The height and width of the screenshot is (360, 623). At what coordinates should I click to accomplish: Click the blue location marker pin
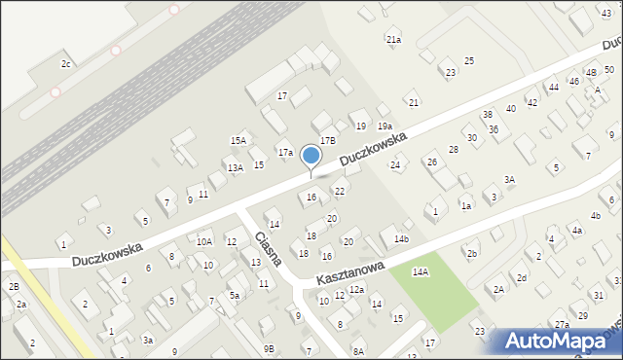pyautogui.click(x=311, y=157)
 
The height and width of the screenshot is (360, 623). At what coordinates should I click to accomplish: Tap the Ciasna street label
pyautogui.click(x=268, y=249)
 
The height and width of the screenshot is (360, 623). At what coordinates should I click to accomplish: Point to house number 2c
pyautogui.click(x=66, y=64)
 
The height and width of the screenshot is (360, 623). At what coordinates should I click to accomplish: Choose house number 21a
pyautogui.click(x=393, y=40)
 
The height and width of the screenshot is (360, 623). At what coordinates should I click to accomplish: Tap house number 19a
pyautogui.click(x=385, y=126)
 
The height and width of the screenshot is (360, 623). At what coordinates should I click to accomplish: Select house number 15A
pyautogui.click(x=238, y=141)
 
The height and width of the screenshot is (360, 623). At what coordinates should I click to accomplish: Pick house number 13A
pyautogui.click(x=236, y=168)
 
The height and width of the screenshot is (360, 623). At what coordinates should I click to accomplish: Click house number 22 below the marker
pyautogui.click(x=340, y=191)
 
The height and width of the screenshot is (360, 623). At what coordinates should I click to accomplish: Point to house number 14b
pyautogui.click(x=401, y=239)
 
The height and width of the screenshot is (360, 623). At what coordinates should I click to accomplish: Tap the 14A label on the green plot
pyautogui.click(x=420, y=272)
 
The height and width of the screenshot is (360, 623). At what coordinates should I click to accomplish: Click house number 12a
pyautogui.click(x=357, y=290)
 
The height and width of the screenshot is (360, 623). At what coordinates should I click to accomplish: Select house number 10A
pyautogui.click(x=204, y=241)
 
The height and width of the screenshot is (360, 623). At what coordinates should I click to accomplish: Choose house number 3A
pyautogui.click(x=509, y=180)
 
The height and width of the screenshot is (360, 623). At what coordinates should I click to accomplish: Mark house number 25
pyautogui.click(x=469, y=61)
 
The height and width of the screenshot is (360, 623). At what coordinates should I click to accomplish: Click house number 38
pyautogui.click(x=488, y=115)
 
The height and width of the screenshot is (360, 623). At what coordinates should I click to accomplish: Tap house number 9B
pyautogui.click(x=268, y=348)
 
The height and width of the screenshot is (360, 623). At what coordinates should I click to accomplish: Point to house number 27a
pyautogui.click(x=563, y=324)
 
